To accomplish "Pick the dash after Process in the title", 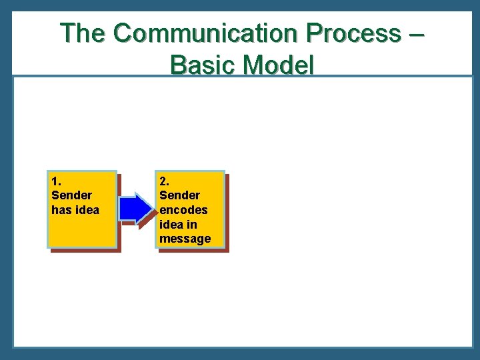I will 413,34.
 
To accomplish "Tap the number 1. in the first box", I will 56,181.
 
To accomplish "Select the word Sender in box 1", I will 71,195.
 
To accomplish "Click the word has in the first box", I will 61,210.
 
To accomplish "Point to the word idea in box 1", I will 87,210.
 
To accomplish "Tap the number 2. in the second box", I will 164,181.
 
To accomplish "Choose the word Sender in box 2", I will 179,195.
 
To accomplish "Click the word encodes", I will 183,210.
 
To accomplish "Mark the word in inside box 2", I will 191,225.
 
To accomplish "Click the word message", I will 185,239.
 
